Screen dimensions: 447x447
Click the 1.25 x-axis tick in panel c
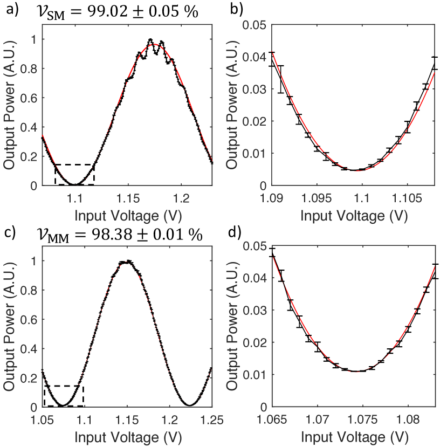click(x=211, y=418)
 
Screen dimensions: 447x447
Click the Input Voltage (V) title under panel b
click(x=353, y=215)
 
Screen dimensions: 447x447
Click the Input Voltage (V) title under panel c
click(x=127, y=436)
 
